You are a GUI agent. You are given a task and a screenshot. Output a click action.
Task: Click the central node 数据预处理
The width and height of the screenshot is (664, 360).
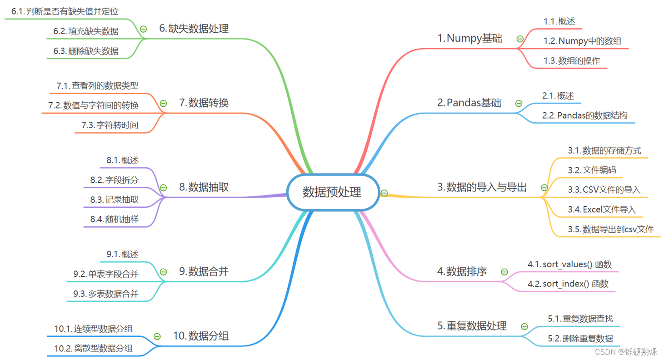click(x=332, y=192)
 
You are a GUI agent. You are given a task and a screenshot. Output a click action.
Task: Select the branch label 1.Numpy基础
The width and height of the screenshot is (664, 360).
click(x=470, y=39)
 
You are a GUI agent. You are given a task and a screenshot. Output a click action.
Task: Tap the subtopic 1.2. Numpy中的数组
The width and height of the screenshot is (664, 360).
click(x=583, y=41)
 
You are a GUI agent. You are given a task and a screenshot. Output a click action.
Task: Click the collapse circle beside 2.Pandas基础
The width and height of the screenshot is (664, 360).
click(x=519, y=103)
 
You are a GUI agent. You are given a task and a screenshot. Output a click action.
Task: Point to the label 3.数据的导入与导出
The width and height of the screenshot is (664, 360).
click(x=482, y=187)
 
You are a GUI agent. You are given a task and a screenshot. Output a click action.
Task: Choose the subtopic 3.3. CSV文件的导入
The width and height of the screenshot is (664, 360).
click(x=604, y=190)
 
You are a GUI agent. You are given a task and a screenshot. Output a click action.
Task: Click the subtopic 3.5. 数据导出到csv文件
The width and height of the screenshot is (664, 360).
click(x=610, y=229)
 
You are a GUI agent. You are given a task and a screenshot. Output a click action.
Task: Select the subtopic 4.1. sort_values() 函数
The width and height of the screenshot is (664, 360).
click(x=573, y=264)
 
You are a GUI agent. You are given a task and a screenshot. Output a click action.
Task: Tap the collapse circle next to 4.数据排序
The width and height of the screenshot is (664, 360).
click(x=504, y=272)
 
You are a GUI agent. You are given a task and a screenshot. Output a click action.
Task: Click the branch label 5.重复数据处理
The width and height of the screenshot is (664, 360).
click(x=472, y=326)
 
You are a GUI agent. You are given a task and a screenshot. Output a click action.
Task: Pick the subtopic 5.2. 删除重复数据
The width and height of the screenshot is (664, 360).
click(x=580, y=339)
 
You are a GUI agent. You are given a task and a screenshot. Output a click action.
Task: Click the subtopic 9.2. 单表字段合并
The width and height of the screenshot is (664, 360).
click(x=105, y=274)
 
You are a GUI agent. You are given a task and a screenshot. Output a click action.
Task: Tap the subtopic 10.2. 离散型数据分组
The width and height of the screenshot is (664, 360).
click(x=93, y=349)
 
